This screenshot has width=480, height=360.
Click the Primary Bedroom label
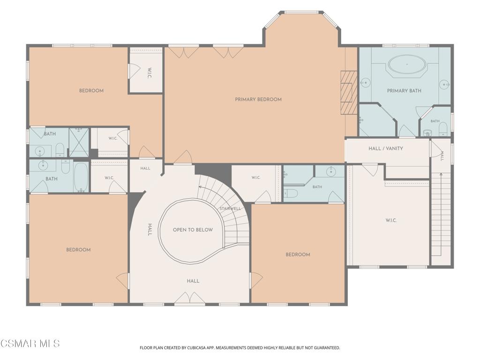(258, 99)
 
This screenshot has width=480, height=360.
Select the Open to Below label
(193, 230)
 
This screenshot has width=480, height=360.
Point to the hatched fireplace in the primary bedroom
(349, 93)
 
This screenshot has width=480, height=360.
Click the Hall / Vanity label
(386, 149)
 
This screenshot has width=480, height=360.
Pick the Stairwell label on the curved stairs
(230, 209)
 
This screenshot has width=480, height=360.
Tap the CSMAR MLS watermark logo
(30, 343)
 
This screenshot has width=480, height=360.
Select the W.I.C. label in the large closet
(391, 220)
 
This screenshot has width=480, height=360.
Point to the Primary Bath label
(404, 90)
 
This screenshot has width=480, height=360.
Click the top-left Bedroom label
(91, 90)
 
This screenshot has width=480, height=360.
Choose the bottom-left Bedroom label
(78, 250)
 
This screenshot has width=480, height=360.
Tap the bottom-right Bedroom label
(298, 255)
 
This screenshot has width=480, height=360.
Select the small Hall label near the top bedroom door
(145, 168)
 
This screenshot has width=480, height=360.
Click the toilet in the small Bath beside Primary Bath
(443, 129)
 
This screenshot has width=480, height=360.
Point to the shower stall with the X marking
(79, 142)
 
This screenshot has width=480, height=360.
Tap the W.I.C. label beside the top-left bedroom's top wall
(150, 73)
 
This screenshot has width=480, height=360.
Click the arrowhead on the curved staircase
(200, 187)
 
